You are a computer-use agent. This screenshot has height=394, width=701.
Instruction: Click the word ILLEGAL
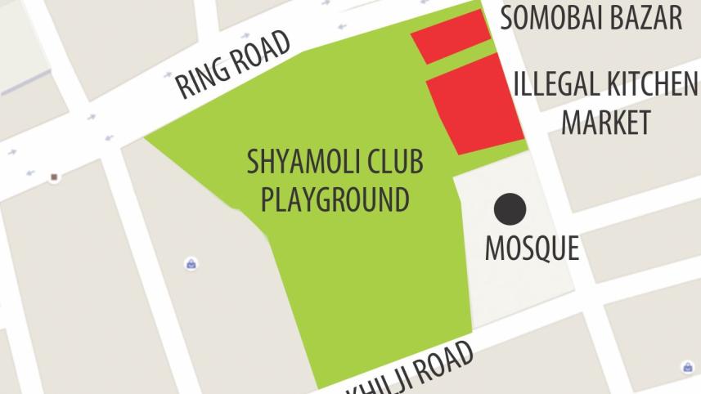pos(555,84)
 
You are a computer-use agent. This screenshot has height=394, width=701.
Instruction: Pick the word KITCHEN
pos(649,84)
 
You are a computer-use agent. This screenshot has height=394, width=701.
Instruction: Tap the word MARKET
pos(605,123)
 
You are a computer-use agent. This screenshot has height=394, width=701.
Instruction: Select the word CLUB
pos(396,162)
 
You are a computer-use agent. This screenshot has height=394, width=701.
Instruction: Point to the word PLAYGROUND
pos(335,199)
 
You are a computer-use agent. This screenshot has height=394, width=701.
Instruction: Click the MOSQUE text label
pos(532,248)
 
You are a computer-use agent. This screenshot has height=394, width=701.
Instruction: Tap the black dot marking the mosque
pos(510,209)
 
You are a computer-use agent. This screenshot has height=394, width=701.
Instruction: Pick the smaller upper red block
pos(450,36)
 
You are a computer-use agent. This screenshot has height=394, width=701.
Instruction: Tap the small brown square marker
pos(54,177)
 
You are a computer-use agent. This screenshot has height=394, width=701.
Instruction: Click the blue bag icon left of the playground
pos(191,264)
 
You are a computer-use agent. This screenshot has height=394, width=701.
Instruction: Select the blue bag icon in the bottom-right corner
pos(686,367)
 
